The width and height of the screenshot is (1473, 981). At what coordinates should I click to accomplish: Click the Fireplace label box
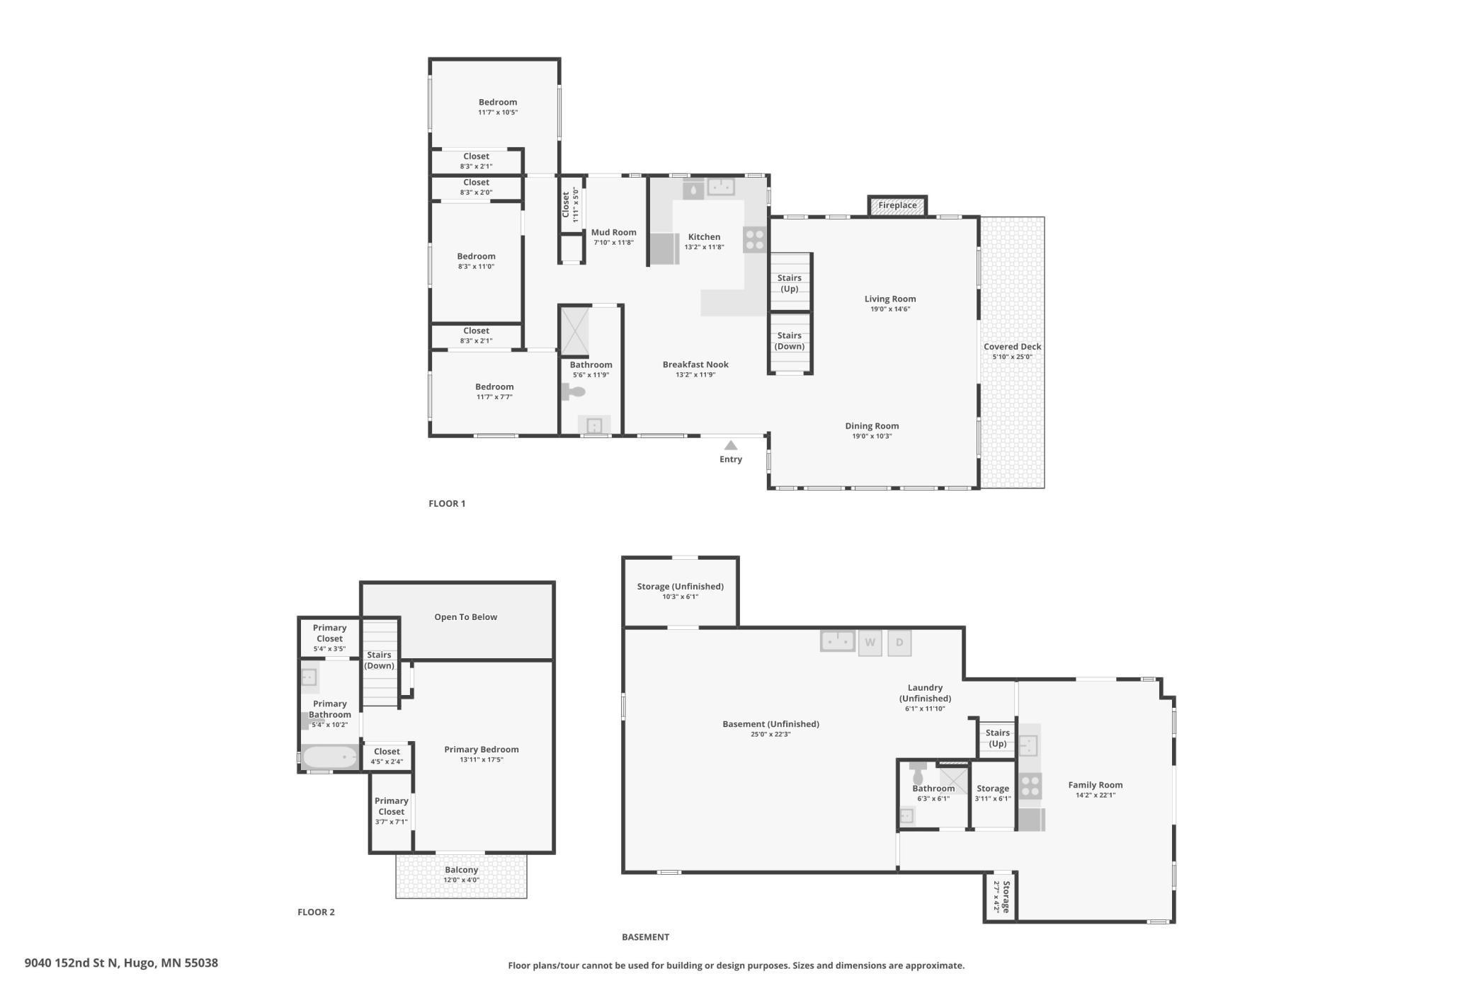(897, 205)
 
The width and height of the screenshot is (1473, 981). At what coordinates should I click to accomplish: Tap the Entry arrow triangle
(731, 445)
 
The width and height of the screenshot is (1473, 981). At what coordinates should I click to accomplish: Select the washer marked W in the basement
(870, 643)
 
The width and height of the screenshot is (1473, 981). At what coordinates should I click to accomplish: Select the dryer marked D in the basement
(899, 643)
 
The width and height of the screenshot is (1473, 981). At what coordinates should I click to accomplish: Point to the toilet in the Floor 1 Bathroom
(574, 391)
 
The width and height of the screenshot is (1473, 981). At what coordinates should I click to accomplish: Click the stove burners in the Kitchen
(755, 240)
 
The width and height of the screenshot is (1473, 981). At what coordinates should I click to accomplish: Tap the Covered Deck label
(1012, 347)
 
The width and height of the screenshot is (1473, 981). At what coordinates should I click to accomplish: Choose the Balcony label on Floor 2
(462, 870)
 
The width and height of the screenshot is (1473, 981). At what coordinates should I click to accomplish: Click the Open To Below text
(466, 617)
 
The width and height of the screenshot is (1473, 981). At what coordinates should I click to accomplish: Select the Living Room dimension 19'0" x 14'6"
(890, 309)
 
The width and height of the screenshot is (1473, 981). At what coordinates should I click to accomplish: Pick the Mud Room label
(614, 232)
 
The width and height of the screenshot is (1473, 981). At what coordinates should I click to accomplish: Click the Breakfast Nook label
(695, 365)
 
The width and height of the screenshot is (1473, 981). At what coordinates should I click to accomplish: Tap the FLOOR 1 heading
(447, 504)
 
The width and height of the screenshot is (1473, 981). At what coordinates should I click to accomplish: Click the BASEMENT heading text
(645, 937)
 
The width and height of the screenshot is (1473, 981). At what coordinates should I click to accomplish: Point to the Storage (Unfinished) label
(680, 587)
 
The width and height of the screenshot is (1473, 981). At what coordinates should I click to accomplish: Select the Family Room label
(1096, 785)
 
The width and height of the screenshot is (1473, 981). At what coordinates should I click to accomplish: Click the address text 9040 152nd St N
(70, 963)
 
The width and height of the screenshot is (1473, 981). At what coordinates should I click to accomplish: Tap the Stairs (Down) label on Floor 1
(790, 341)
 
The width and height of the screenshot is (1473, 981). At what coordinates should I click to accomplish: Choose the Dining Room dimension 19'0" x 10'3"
(872, 436)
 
